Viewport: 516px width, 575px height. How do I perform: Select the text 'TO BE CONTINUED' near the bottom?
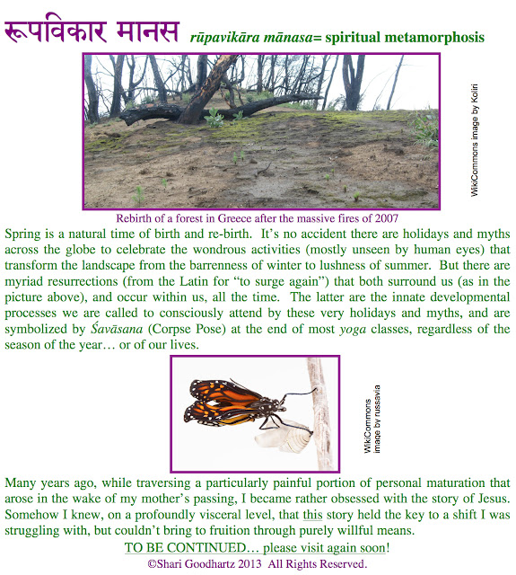[185, 547]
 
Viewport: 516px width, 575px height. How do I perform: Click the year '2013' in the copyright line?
[251, 563]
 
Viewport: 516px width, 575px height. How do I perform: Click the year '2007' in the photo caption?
[382, 217]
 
